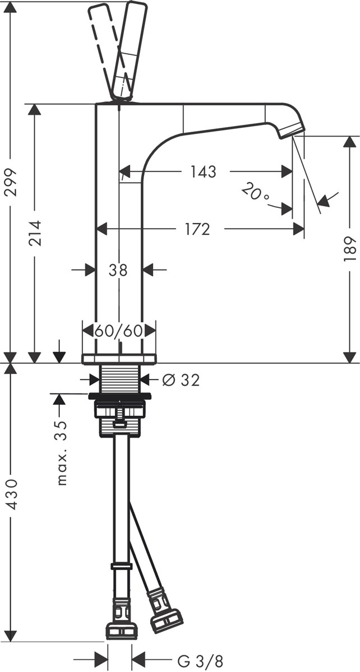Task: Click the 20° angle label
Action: (255, 194)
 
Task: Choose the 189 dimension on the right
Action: (350, 249)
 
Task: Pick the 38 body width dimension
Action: (118, 270)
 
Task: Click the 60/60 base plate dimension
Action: (118, 331)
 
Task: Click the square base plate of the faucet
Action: (119, 359)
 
